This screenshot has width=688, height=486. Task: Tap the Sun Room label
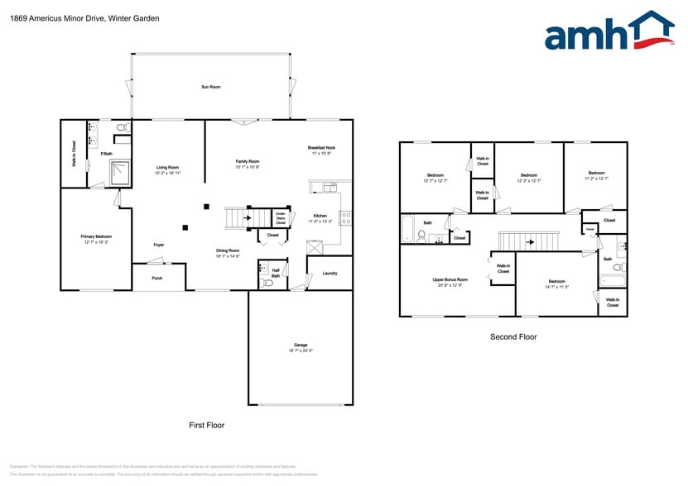point(211,87)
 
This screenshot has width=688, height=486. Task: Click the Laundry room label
point(330,273)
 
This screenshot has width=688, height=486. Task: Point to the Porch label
point(157,279)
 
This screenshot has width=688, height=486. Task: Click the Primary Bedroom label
point(96,239)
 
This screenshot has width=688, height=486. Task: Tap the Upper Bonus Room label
point(450,282)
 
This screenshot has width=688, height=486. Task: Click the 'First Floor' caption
point(206,425)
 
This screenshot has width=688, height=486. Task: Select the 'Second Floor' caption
point(513,336)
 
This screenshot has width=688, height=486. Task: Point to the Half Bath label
point(276,273)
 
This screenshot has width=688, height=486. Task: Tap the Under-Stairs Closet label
point(281,217)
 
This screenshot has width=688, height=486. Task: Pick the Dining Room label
point(228,253)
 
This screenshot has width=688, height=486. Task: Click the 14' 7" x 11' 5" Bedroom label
point(556,283)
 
